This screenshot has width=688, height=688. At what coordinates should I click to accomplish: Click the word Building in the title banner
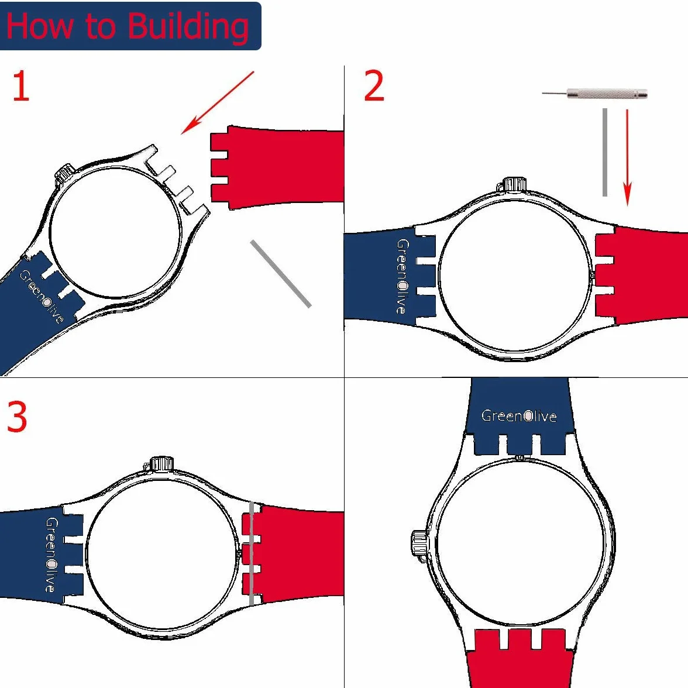pos(188,27)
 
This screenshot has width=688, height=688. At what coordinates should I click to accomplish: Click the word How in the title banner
pos(39,26)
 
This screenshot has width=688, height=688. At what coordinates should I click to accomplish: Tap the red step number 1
pos(20,86)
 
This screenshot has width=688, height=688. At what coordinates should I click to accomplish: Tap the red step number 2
pos(374,85)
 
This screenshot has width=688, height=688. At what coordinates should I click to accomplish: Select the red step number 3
pos(17,417)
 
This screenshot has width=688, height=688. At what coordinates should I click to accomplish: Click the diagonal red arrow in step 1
pos(218,103)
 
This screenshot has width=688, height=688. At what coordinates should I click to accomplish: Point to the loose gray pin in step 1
pos(281,274)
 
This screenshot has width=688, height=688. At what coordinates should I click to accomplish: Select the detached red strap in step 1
pos(276,167)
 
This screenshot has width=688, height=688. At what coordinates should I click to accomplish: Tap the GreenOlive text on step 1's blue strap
pos(42,296)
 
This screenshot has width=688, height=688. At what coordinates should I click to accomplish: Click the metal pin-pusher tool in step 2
pos(594,94)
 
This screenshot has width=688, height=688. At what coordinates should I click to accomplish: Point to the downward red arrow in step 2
pos(627,157)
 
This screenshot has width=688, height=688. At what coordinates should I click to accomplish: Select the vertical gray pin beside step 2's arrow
pos(605,152)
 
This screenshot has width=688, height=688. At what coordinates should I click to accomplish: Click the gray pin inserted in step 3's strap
pos(252,553)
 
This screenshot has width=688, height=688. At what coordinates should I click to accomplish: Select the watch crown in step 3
pos(161,463)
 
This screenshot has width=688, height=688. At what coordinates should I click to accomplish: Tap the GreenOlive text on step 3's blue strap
pos(51,555)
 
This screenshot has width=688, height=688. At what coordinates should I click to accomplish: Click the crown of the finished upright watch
pos(419,545)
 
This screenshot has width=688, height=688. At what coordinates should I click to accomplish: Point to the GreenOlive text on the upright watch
pos(519,415)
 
